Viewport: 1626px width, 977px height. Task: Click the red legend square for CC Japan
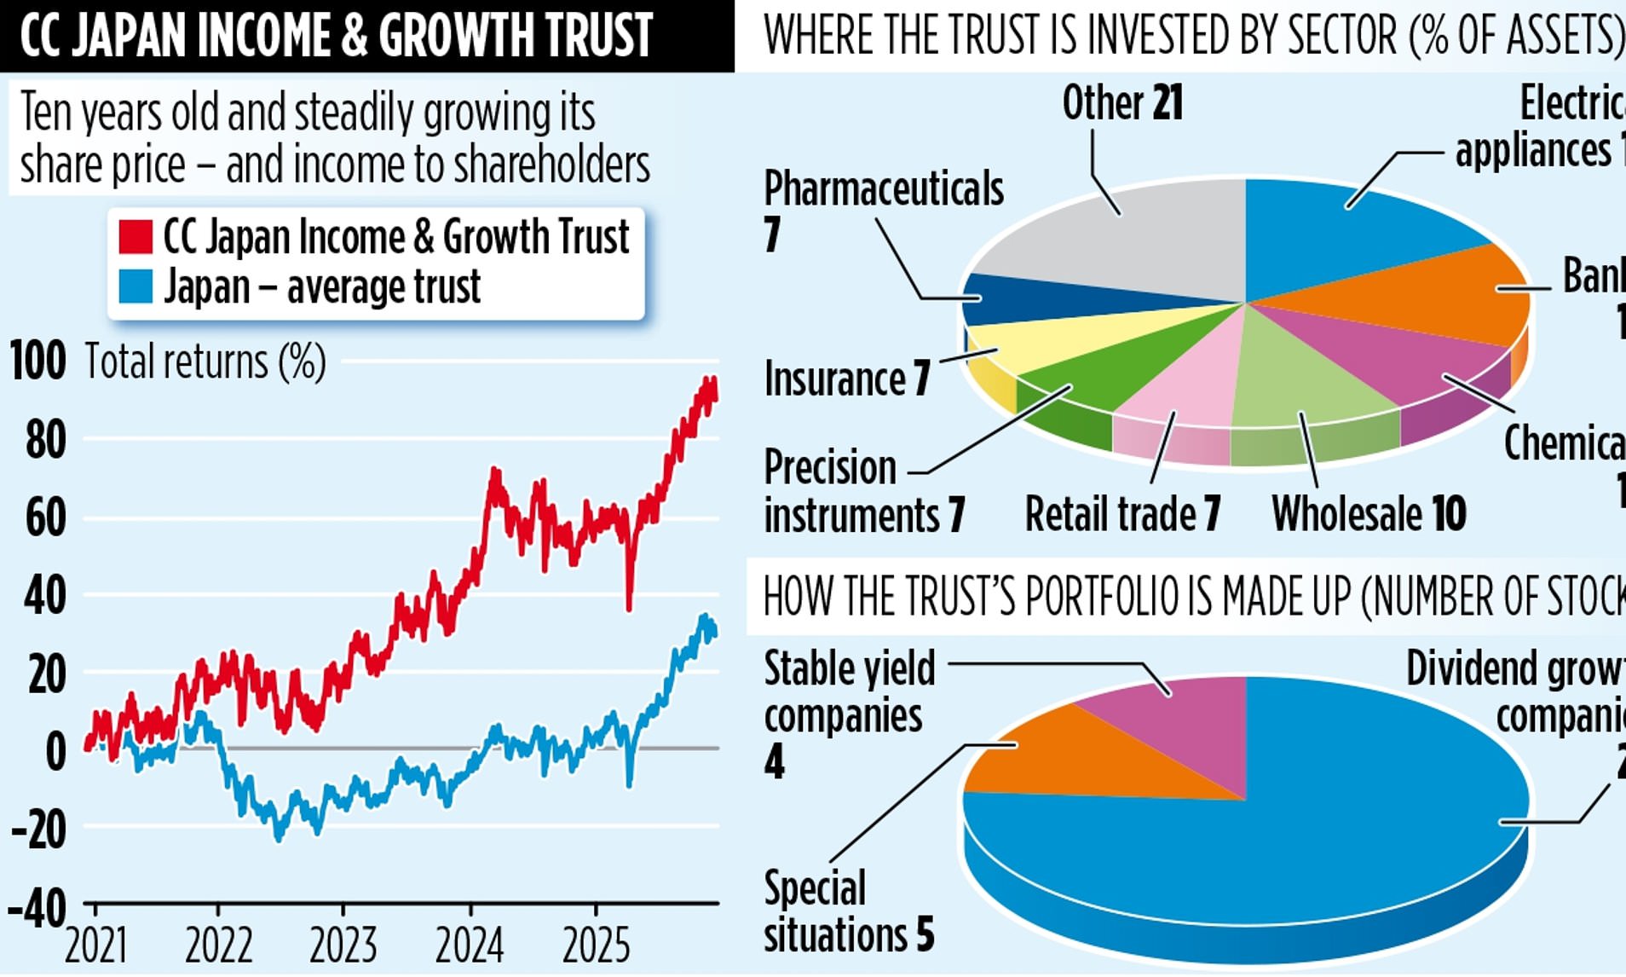coord(135,236)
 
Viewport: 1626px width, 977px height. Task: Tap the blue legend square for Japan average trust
coord(135,286)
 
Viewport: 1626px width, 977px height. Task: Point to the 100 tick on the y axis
coord(37,361)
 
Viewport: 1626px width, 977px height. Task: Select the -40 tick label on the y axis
coord(37,910)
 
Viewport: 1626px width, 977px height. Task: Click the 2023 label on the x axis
coord(343,945)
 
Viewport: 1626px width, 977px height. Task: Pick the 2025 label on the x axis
coord(596,945)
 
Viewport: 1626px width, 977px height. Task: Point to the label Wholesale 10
coord(1369,514)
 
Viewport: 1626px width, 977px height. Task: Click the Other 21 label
coord(1122,104)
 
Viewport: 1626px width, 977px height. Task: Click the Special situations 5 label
coord(848,911)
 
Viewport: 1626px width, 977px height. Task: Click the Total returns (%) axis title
coord(205,361)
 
